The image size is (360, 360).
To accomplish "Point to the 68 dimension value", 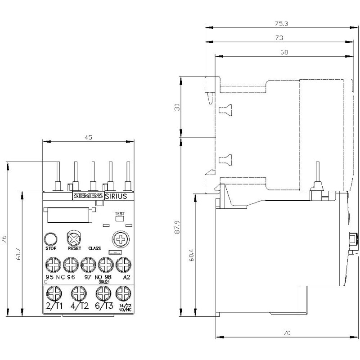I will pyautogui.click(x=283, y=52).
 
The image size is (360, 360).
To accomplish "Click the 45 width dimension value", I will pyautogui.click(x=88, y=138).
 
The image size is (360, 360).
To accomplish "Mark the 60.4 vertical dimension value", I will pyautogui.click(x=191, y=255).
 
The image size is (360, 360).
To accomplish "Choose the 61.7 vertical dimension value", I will pyautogui.click(x=18, y=253).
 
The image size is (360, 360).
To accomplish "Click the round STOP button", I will pyautogui.click(x=50, y=239).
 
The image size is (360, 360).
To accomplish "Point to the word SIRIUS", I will pyautogui.click(x=116, y=196).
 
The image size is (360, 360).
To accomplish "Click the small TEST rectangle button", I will pyautogui.click(x=120, y=219).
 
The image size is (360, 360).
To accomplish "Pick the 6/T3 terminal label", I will pyautogui.click(x=104, y=307).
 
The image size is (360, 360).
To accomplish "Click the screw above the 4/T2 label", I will pyautogui.click(x=79, y=294).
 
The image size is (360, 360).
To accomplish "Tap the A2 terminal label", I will pyautogui.click(x=126, y=277).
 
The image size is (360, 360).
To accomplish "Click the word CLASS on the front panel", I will pyautogui.click(x=94, y=248).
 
